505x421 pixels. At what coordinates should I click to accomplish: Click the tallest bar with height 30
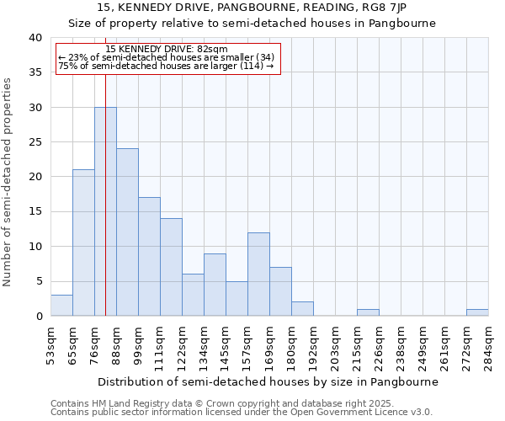coord(105,211)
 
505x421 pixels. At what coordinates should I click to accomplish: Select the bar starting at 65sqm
coord(83,242)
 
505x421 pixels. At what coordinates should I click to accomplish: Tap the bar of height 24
coord(127,232)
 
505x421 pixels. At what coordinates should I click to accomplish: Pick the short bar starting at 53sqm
coord(61,306)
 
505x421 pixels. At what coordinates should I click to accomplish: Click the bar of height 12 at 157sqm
coord(258,274)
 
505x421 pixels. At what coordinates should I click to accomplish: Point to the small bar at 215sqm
coord(368,312)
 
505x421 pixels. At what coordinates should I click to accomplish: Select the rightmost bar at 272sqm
coord(477,312)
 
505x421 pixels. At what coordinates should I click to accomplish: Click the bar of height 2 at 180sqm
coord(302,309)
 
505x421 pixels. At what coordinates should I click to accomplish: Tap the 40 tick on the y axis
coord(35,38)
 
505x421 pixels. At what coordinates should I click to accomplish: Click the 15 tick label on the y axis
coord(35,212)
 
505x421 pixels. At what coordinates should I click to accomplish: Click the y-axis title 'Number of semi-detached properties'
coord(8,182)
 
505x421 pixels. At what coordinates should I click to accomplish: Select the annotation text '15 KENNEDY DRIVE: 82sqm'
coord(167,50)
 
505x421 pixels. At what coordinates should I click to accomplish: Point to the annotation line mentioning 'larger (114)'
coord(167,66)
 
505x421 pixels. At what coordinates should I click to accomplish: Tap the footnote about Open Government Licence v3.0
coord(241,413)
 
